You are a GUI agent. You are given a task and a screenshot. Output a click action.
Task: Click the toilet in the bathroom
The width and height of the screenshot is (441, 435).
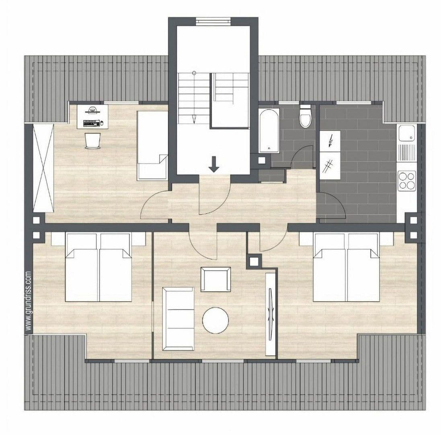305,116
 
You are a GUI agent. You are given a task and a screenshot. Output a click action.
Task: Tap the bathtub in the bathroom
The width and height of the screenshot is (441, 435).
269,131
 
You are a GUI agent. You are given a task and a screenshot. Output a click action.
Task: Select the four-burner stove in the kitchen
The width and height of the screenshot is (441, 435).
407,181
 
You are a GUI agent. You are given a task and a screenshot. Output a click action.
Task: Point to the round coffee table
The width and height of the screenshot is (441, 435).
215,320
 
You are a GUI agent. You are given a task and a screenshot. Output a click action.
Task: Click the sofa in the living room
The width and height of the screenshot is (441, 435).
178,319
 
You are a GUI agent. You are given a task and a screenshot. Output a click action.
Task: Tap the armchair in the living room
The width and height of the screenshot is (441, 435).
216,279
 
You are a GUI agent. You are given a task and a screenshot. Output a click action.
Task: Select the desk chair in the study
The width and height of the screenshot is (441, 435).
92,141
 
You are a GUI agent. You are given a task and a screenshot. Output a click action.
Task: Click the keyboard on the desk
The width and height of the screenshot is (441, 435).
92,123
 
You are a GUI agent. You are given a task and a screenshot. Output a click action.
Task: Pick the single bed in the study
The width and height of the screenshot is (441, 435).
152,145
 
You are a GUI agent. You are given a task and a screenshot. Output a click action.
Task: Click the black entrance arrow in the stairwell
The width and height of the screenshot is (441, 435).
214,164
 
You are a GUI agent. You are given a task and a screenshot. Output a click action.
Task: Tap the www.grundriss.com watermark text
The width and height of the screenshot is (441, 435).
29,301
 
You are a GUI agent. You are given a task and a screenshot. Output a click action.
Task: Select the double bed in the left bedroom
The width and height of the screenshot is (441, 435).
98,267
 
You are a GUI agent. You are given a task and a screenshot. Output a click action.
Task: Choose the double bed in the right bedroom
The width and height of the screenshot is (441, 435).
347,267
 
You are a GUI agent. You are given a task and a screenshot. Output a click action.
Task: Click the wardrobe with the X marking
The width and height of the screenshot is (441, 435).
43,168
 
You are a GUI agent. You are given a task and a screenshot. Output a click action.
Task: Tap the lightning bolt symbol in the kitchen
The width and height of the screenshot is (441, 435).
330,141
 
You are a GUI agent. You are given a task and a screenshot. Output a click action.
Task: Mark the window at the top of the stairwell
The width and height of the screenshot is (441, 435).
213,21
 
